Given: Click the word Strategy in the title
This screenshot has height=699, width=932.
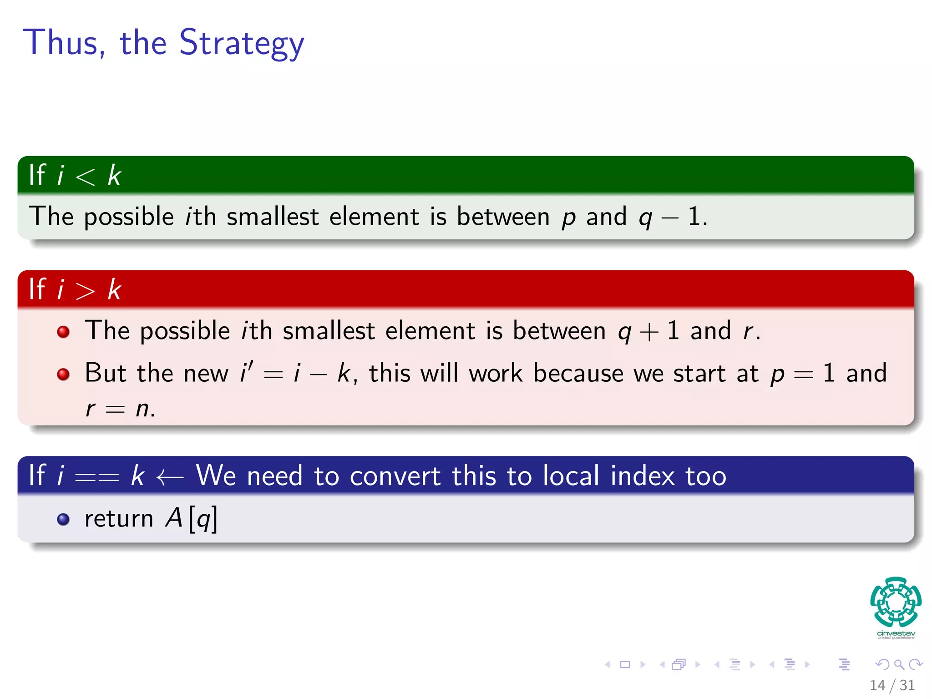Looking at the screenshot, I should tap(241, 43).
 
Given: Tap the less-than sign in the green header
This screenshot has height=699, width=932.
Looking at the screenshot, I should tap(85, 177).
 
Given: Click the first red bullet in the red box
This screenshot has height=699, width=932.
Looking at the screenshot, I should tap(63, 331).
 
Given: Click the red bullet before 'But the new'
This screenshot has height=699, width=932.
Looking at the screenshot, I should tap(63, 374).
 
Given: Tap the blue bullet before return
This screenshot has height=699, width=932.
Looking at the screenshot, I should tap(63, 519).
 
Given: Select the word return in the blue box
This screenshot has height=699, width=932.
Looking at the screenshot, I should tap(119, 519).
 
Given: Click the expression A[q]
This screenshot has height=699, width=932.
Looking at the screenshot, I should tap(191, 519).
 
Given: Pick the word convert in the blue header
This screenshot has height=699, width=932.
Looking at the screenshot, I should tap(395, 476).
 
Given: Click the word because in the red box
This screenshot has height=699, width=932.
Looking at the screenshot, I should tap(578, 373).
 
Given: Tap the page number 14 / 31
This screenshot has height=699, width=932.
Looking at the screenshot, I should tap(892, 685).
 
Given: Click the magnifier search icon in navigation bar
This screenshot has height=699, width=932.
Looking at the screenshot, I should tap(899, 664).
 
